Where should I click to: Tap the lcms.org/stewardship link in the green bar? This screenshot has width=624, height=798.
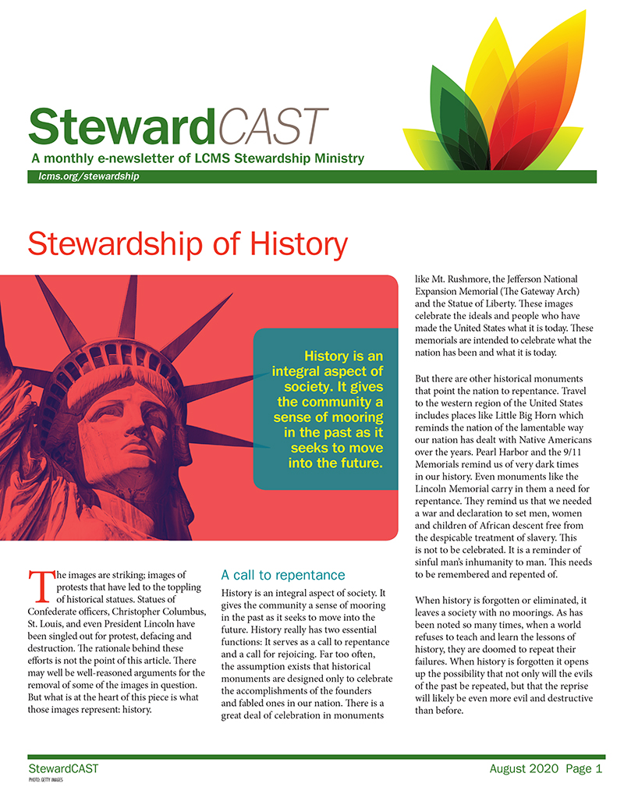coord(83,176)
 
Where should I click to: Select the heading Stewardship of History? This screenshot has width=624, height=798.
coord(187,244)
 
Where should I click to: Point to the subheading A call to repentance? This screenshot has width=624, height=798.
coord(282,575)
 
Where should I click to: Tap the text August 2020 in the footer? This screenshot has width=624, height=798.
coord(523,769)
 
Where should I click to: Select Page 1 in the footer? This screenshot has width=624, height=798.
coord(584,769)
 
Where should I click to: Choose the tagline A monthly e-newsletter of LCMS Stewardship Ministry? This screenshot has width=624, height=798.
coord(196,158)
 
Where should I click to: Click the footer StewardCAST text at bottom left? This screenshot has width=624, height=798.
coord(63,769)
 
